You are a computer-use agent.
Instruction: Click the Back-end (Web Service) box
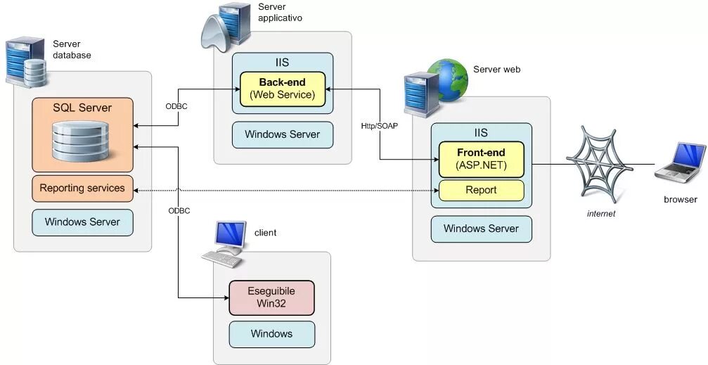(283, 89)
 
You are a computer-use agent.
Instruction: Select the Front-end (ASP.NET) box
(482, 160)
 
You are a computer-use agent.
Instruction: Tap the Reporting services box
(82, 188)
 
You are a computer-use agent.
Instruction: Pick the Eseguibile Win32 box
(271, 297)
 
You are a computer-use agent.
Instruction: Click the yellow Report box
(482, 191)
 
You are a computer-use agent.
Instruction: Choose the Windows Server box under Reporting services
(82, 222)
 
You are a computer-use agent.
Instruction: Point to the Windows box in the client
(271, 334)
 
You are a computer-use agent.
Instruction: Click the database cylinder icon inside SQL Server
(82, 141)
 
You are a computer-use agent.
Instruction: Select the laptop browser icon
(680, 163)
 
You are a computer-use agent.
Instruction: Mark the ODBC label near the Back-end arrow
(176, 107)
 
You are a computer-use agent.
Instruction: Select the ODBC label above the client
(179, 211)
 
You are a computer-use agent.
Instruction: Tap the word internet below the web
(601, 214)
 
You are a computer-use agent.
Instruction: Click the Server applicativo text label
(280, 13)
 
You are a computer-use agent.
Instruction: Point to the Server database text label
(72, 50)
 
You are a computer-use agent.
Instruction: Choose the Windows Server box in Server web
(482, 229)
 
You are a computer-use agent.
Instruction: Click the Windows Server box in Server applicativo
(283, 134)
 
